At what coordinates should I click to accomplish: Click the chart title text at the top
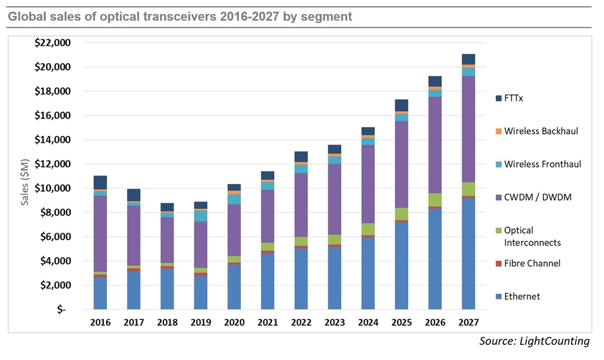click(x=180, y=17)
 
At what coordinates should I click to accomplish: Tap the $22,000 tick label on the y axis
click(x=52, y=43)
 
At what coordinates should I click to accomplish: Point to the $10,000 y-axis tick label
click(x=52, y=188)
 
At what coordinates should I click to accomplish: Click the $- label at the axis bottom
click(x=61, y=310)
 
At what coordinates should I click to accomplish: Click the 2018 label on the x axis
click(x=167, y=322)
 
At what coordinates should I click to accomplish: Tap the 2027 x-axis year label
click(x=468, y=322)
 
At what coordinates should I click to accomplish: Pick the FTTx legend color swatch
click(x=499, y=98)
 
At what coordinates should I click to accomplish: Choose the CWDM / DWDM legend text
click(x=538, y=197)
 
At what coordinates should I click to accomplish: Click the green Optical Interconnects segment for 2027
click(x=468, y=189)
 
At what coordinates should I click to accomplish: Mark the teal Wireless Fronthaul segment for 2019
click(x=200, y=216)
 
